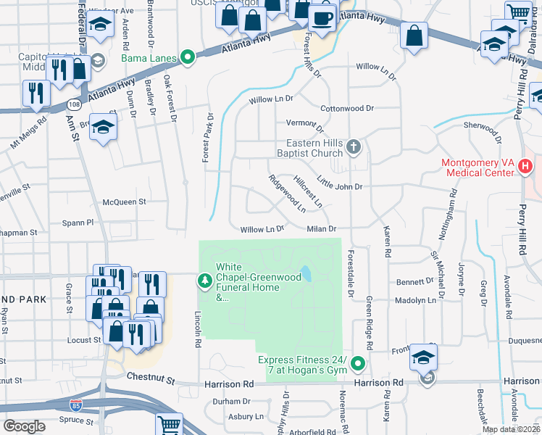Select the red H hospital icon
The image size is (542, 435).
(x=526, y=167)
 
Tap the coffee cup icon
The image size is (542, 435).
(x=322, y=17)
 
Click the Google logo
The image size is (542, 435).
(x=24, y=426)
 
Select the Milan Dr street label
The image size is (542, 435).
(x=322, y=229)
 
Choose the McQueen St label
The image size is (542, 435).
(x=125, y=202)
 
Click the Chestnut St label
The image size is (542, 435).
(x=151, y=378)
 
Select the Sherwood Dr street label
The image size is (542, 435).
(x=483, y=129)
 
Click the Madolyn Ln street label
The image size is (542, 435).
(x=414, y=299)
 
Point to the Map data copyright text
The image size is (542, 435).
(x=511, y=429)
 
